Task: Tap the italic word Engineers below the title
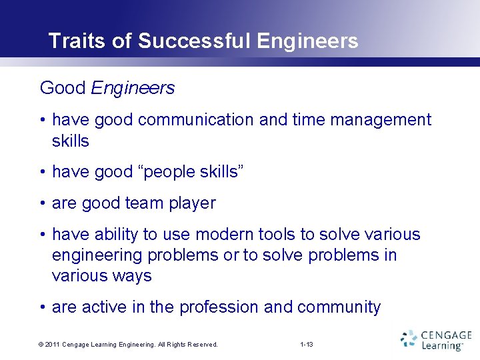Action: tap(133, 88)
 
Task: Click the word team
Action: tap(157, 203)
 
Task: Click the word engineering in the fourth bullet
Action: tap(97, 255)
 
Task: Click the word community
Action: tap(339, 307)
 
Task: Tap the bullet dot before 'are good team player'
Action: tap(42, 203)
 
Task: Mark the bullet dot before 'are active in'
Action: tap(42, 307)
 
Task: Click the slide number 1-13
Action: tap(307, 345)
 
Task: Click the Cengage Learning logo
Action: tap(436, 339)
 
